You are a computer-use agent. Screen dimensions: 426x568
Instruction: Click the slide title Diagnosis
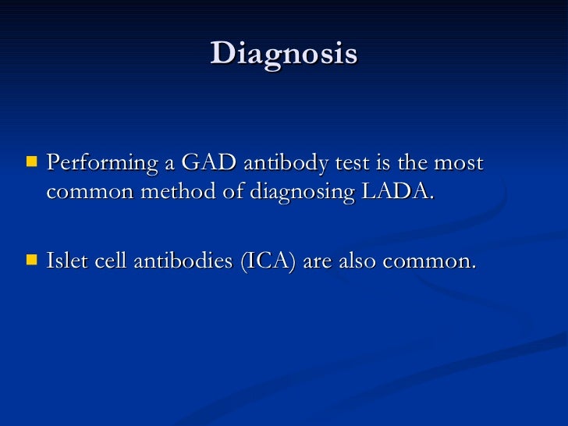tap(283, 54)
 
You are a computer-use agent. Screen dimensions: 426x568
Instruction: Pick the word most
tap(458, 164)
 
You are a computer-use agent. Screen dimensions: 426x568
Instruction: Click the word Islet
tap(67, 260)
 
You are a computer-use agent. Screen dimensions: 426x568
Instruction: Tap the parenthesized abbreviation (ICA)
tap(268, 261)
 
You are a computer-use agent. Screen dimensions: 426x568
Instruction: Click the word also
tap(361, 260)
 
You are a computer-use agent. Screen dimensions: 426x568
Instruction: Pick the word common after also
tap(433, 261)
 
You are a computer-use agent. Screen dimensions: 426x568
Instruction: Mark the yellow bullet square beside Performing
tap(31, 164)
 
